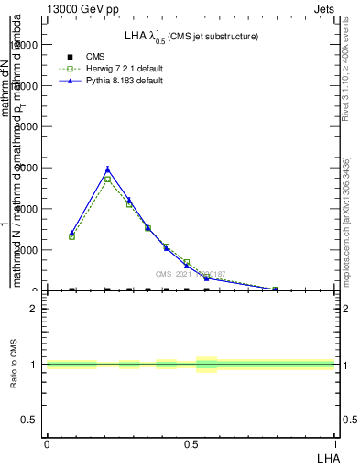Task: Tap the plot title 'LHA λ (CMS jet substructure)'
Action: click(x=191, y=37)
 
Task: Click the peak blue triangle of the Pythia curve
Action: click(x=108, y=169)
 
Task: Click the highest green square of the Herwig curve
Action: click(x=108, y=180)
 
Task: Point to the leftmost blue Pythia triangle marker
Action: click(x=71, y=234)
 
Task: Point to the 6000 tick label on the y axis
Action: click(x=27, y=168)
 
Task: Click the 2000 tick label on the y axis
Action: click(x=27, y=250)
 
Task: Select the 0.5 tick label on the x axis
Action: click(x=191, y=443)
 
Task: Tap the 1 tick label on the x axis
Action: click(x=335, y=443)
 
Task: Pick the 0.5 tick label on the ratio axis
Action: click(x=32, y=420)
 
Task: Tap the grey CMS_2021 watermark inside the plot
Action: click(x=191, y=273)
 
